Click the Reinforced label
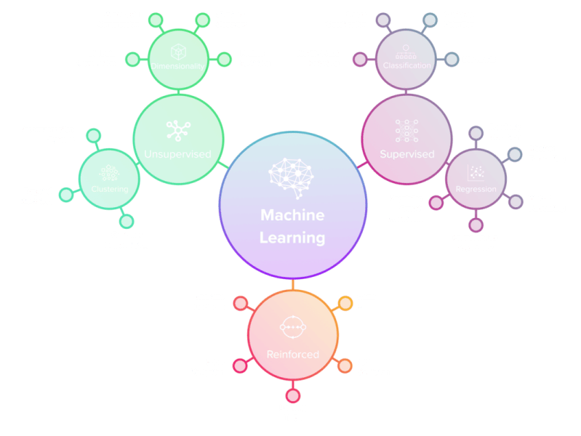coord(292,355)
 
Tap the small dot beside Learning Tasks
coord(292,396)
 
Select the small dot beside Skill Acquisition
coord(344,366)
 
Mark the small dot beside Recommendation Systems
coord(92,135)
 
